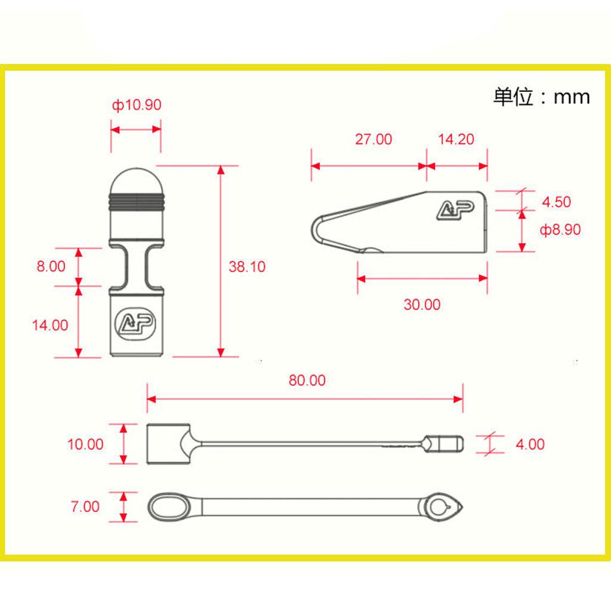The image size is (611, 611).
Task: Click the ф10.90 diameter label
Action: (137, 105)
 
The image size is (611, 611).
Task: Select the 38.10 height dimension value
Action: (247, 267)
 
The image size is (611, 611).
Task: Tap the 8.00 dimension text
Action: (51, 266)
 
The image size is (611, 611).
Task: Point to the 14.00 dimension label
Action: (50, 325)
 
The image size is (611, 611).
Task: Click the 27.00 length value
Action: (374, 139)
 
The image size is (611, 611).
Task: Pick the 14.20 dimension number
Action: (456, 139)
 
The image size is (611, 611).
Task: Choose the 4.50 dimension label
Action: (557, 202)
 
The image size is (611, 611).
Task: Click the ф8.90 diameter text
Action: (560, 230)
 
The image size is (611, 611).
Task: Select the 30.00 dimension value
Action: (422, 304)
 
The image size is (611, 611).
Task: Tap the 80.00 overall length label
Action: (307, 380)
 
